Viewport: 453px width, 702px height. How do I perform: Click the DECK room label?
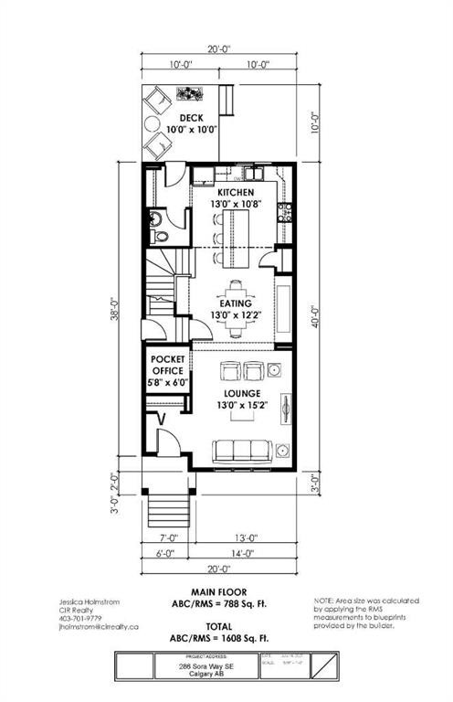click(x=191, y=119)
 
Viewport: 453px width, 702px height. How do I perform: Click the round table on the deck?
click(x=153, y=125)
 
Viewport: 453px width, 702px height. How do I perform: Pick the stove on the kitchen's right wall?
click(x=285, y=213)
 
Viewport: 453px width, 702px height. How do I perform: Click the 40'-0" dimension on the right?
click(x=314, y=320)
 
